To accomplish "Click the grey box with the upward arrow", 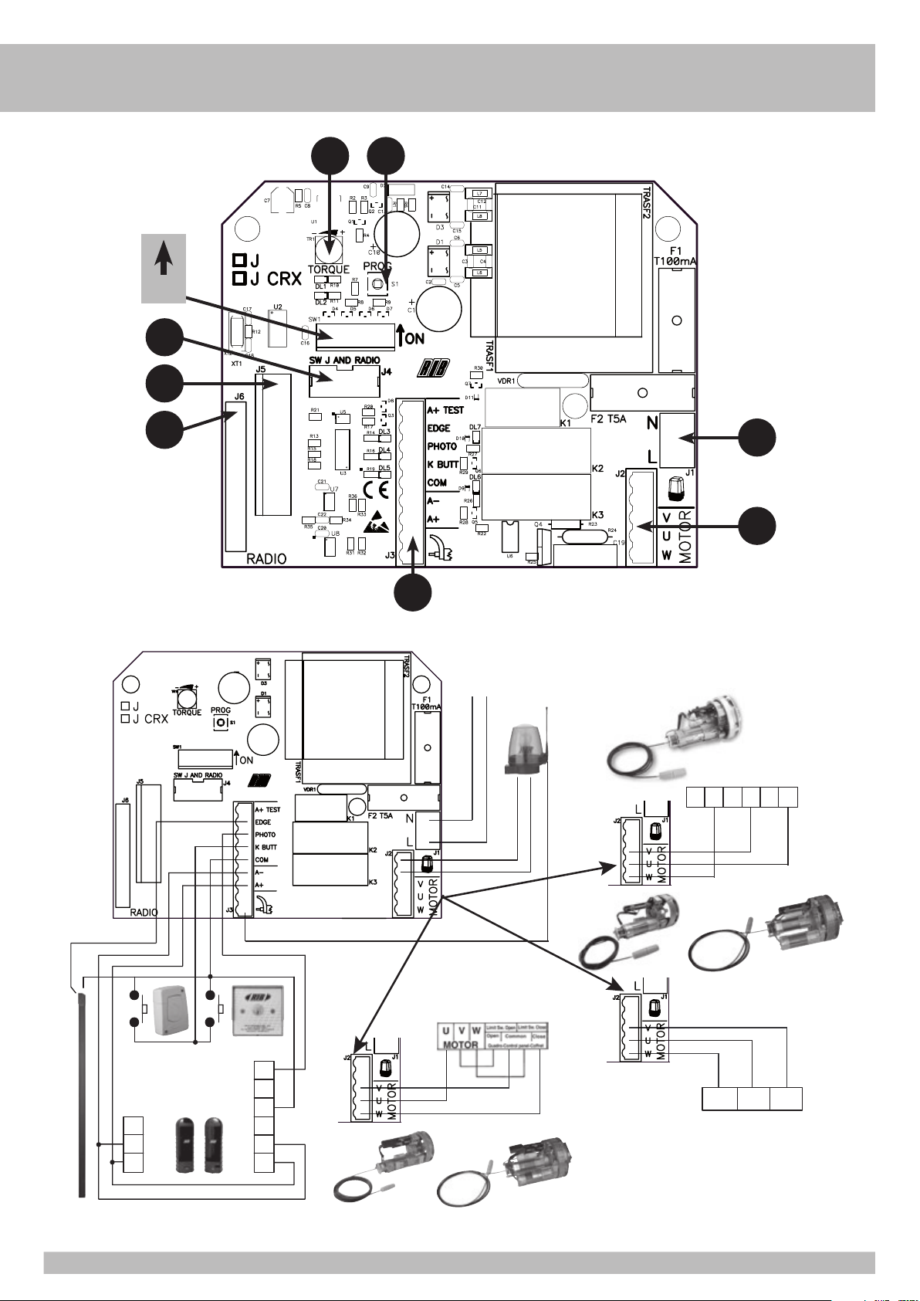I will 163,267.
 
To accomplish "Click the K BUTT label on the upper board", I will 443,465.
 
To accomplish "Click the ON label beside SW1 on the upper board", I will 414,338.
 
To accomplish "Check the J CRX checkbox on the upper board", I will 240,279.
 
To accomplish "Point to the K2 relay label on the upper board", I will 597,469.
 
